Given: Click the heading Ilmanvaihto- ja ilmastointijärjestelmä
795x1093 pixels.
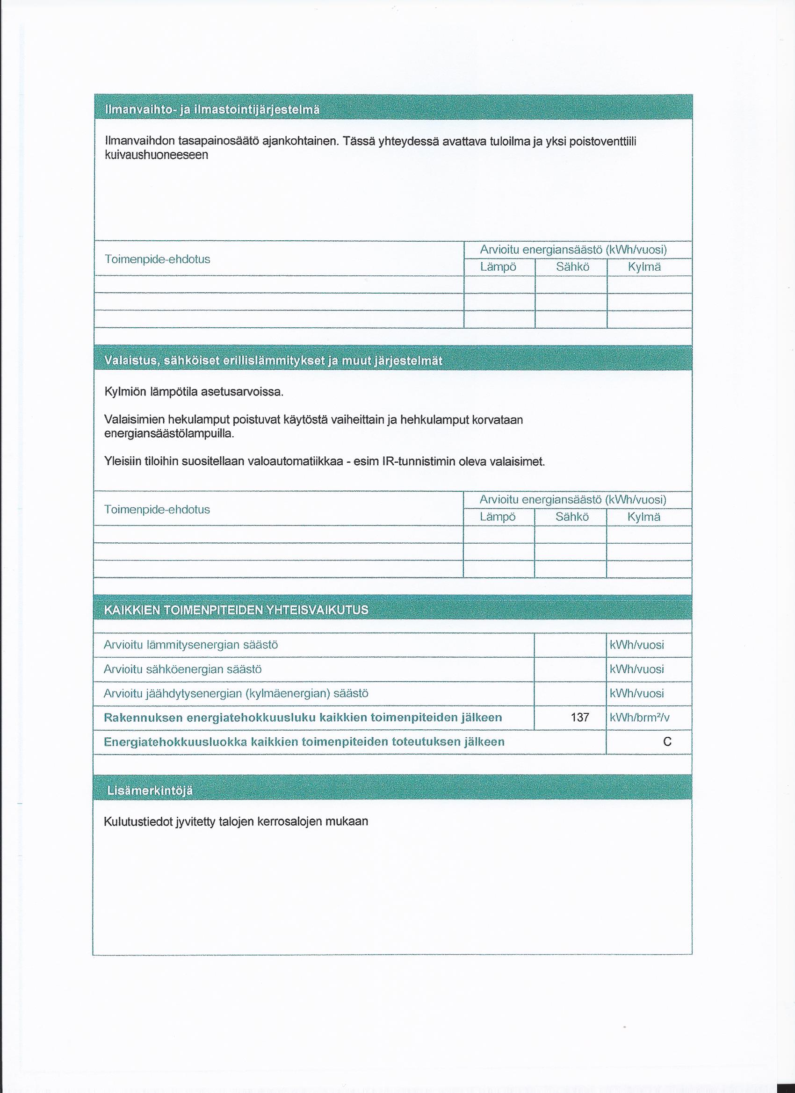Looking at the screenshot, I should click(x=212, y=110).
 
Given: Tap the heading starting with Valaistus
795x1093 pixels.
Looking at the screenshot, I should click(x=274, y=361).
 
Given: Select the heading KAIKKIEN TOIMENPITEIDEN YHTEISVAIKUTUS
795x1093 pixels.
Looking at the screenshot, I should click(x=236, y=610).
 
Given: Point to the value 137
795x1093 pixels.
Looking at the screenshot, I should click(x=579, y=718).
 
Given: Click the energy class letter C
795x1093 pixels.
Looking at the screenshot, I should click(x=667, y=741).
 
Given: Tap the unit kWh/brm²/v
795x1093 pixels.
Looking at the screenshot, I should click(x=640, y=718).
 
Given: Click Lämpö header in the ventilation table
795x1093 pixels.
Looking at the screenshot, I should click(x=499, y=267).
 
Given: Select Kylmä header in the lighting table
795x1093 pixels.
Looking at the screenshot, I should click(x=643, y=517).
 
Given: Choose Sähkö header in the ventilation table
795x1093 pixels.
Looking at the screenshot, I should click(x=572, y=267).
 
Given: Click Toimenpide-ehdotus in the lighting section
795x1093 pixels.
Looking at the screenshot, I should click(x=157, y=510).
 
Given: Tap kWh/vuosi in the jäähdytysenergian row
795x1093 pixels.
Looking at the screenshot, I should click(x=637, y=693).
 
